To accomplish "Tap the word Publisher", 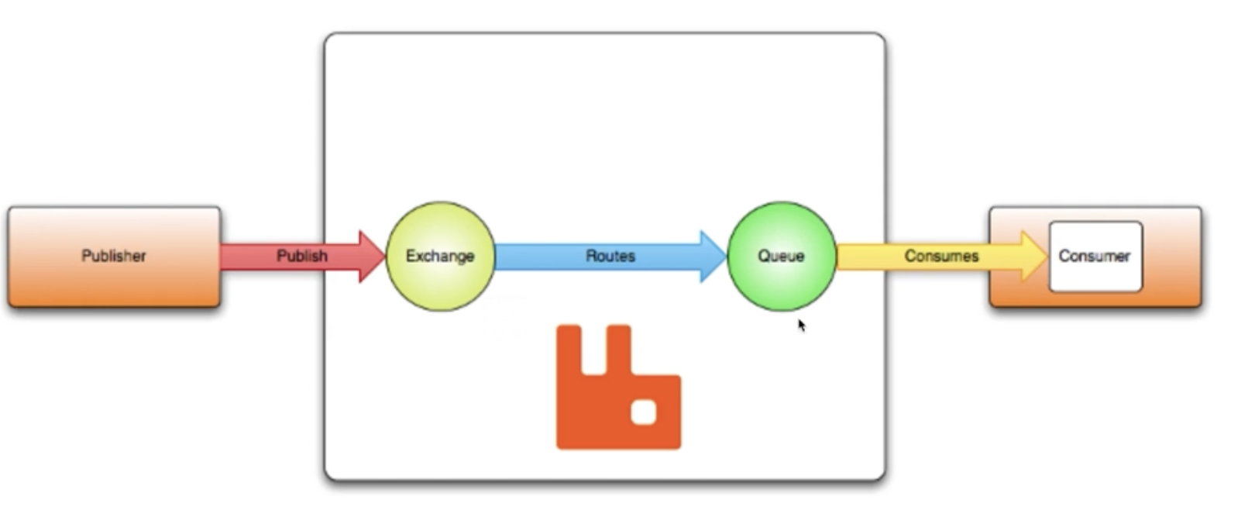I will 114,256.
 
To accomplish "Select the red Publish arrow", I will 256,256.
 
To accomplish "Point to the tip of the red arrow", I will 383,256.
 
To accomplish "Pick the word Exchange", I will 440,256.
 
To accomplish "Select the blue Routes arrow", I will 542,257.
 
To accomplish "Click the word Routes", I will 610,256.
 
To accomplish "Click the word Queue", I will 781,256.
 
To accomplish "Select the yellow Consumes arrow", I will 868,257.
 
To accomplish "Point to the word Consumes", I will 941,256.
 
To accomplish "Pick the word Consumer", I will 1095,256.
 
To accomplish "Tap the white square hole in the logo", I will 644,413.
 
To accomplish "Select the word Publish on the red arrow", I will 302,256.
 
